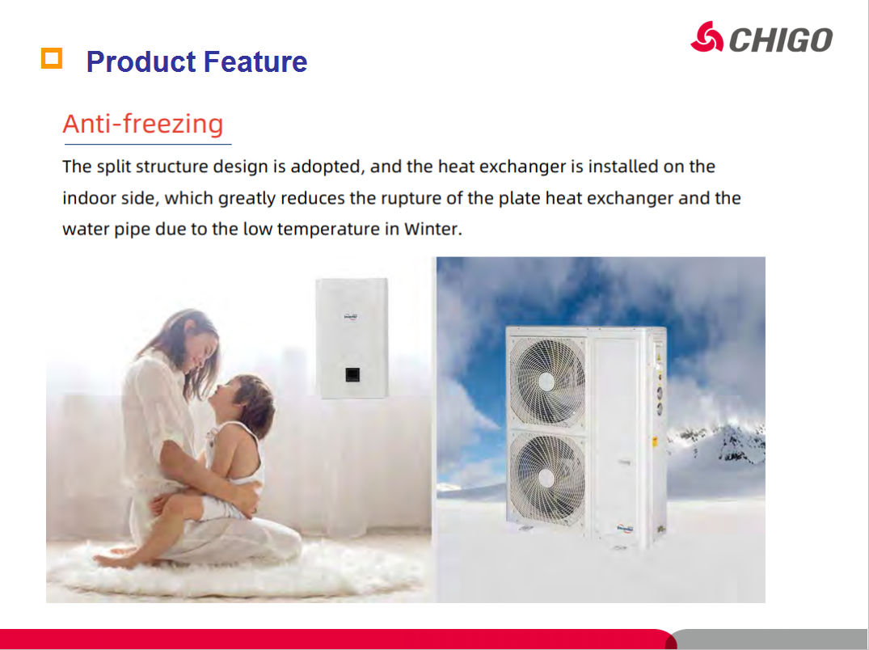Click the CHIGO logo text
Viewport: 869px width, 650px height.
pyautogui.click(x=780, y=40)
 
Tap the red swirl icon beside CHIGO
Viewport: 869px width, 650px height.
pyautogui.click(x=707, y=37)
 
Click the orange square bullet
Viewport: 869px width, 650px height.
pyautogui.click(x=52, y=58)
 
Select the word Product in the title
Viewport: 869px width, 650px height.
pyautogui.click(x=140, y=61)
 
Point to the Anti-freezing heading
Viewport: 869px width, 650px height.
pyautogui.click(x=143, y=124)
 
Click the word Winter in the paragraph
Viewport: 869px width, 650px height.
pyautogui.click(x=432, y=229)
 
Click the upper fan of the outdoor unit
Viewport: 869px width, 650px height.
pyautogui.click(x=547, y=381)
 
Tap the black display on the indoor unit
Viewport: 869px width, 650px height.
pyautogui.click(x=352, y=374)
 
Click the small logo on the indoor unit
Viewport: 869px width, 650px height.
pyautogui.click(x=351, y=317)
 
